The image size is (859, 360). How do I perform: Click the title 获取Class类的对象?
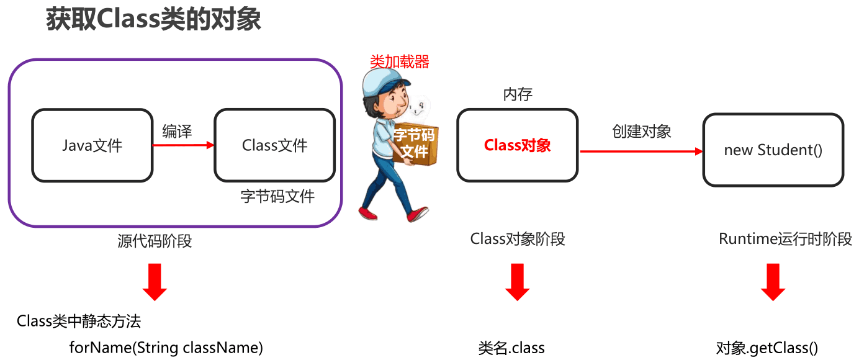(153, 19)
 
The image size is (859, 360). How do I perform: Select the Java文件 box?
(92, 145)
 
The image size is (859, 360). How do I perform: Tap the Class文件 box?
(274, 145)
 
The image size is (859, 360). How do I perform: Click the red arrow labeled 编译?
(183, 145)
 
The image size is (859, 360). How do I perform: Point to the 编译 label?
(177, 131)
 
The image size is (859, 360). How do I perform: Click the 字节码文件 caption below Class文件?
(277, 196)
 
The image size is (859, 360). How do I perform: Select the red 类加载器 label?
(400, 61)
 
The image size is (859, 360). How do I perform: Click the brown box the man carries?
(416, 144)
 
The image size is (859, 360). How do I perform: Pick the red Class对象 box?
(517, 145)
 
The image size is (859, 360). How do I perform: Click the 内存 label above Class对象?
(518, 94)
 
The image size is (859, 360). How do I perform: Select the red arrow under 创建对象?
(642, 151)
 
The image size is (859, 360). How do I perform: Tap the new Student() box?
(773, 150)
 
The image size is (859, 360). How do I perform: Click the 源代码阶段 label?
(155, 241)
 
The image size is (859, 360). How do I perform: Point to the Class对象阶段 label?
(518, 239)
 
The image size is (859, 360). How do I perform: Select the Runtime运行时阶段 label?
(785, 239)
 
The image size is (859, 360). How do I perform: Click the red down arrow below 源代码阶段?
(155, 282)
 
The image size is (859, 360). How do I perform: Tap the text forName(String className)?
(166, 348)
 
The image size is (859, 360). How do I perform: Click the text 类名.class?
(511, 348)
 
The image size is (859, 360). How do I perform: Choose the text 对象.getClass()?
(767, 348)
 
